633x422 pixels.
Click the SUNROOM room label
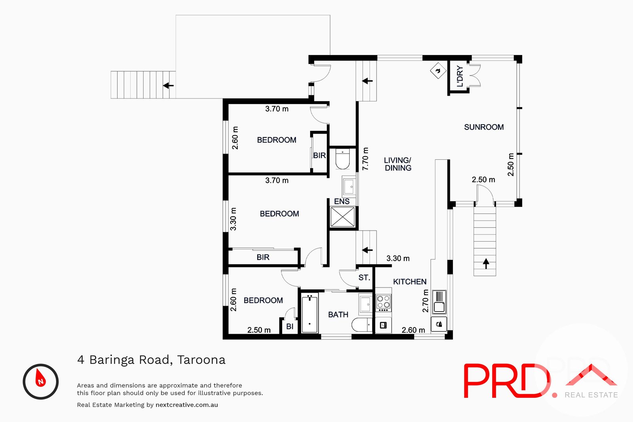(x=484, y=127)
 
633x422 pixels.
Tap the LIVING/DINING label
(x=398, y=164)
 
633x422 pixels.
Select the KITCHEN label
(x=410, y=282)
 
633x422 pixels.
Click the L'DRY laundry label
(x=460, y=76)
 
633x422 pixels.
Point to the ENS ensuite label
(x=342, y=201)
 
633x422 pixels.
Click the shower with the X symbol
(x=343, y=217)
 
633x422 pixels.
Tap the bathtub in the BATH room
(x=310, y=313)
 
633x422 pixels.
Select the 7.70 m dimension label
(x=366, y=159)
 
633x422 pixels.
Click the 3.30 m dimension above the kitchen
(x=398, y=258)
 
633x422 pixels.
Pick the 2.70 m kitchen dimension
(x=425, y=301)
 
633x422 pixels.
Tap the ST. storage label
(x=364, y=278)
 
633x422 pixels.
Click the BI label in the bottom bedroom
(x=290, y=327)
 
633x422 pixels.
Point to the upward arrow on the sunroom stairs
(x=486, y=263)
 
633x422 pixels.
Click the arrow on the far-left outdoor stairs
(x=168, y=85)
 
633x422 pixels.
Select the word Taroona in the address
(x=201, y=360)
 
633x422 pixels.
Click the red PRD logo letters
(x=507, y=381)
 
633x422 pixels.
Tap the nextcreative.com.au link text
(x=186, y=405)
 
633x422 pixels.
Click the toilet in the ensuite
(x=343, y=159)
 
